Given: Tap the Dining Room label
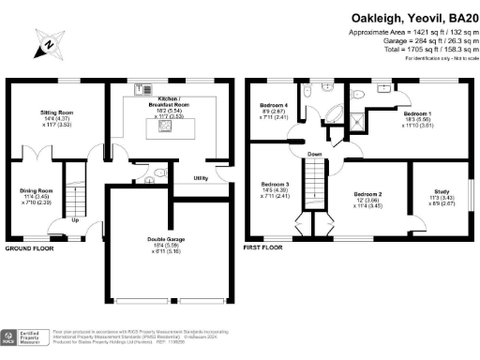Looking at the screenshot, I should (x=36, y=190).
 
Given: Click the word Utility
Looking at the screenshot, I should (x=201, y=177).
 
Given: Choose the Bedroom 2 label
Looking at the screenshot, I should (x=366, y=198).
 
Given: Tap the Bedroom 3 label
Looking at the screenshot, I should (x=275, y=184).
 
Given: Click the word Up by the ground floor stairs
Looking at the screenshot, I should (x=75, y=222).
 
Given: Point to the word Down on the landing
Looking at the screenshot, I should (x=316, y=155).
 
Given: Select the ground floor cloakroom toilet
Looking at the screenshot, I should (x=160, y=172).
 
